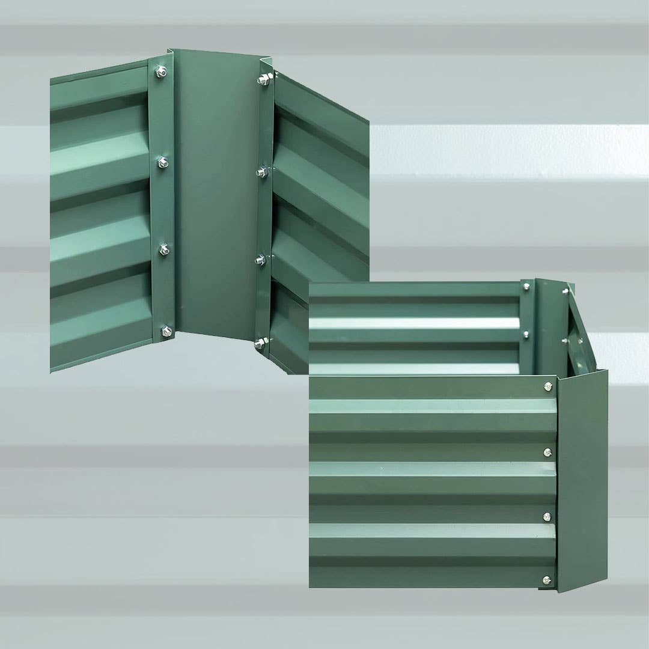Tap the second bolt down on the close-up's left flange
point(162,162)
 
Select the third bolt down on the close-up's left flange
point(163,249)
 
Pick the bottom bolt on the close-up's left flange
point(165,331)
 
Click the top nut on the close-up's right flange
point(263,79)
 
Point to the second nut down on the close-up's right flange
point(261,172)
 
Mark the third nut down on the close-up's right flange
point(260,260)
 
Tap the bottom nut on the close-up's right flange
point(260,344)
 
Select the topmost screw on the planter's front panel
point(547,386)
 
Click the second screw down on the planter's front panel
point(547,452)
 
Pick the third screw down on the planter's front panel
point(547,516)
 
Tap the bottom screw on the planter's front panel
point(546,580)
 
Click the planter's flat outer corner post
point(582,481)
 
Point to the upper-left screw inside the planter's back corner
point(526,287)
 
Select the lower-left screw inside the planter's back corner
point(526,334)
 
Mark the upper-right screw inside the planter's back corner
point(565,292)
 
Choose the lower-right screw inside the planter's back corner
point(565,341)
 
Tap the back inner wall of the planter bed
point(415,328)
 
